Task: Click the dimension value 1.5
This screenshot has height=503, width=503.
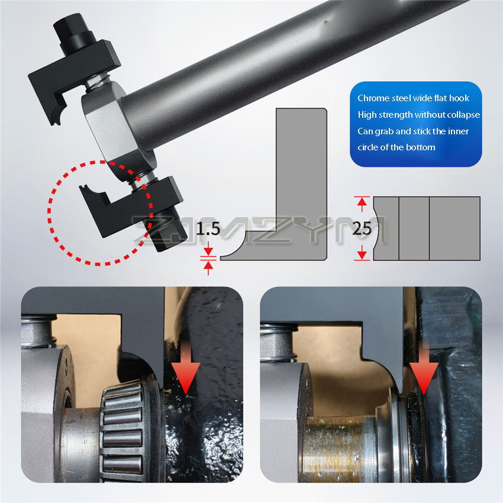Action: point(208,229)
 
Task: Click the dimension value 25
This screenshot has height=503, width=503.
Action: point(362,229)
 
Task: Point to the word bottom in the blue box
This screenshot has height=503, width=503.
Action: point(421,147)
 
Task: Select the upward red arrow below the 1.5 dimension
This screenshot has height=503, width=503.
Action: point(208,268)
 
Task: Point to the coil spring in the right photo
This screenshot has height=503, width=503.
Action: point(279,343)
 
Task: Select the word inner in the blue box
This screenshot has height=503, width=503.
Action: point(459,131)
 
